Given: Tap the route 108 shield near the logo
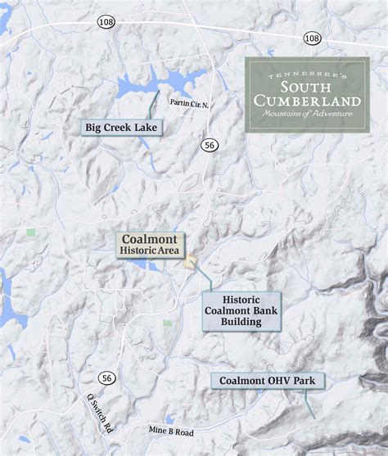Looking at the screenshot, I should point(312,38).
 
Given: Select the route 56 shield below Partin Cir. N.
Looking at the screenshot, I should point(210,144).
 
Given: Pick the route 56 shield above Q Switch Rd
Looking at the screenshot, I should point(106,377).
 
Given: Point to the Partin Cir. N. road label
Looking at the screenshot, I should point(190,103).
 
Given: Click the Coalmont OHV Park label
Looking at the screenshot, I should point(268,381).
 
